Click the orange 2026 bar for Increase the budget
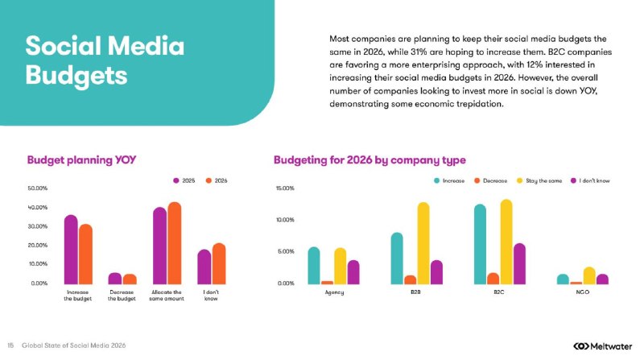pos(86,254)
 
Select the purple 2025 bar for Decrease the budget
pos(115,278)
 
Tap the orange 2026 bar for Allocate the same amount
pos(175,243)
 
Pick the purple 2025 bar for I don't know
pos(204,267)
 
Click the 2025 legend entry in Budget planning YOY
pos(184,180)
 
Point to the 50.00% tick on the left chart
pos(38,188)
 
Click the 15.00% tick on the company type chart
pos(285,188)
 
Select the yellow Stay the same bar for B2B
pos(423,243)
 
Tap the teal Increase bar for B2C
pos(480,244)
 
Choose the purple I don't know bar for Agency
pos(353,272)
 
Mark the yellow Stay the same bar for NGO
pos(589,275)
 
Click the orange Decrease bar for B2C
pos(493,278)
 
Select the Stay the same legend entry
pos(539,180)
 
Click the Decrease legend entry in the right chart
pos(491,180)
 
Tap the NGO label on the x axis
pos(582,292)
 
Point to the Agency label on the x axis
pos(334,292)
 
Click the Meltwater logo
pos(602,346)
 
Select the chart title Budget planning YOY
pos(81,159)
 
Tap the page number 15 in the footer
pos(10,346)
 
